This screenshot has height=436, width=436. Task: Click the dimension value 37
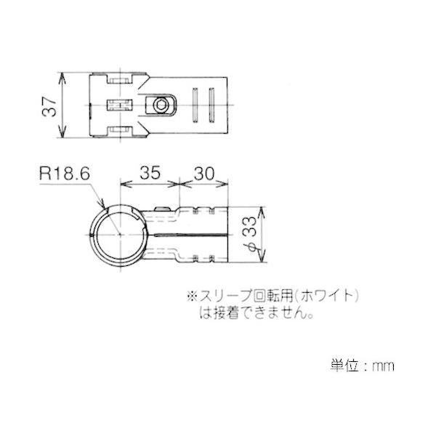coord(49,106)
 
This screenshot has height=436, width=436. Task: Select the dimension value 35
coord(150,173)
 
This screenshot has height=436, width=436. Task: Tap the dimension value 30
coord(203,174)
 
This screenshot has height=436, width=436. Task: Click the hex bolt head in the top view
coord(161,105)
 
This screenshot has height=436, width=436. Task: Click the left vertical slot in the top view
coord(195,105)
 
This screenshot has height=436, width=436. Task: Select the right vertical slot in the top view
coord(212,105)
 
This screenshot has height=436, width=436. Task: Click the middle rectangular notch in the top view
coord(120,105)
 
